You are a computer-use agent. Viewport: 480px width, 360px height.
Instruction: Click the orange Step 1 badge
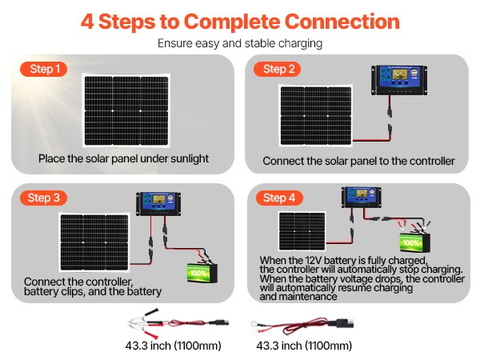(x=44, y=70)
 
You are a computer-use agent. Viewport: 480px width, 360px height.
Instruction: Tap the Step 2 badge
(x=279, y=70)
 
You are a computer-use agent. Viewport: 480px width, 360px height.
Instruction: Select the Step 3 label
(x=44, y=198)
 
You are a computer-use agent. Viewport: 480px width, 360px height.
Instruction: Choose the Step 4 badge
(x=279, y=198)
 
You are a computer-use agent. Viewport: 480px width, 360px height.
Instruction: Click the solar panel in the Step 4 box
(x=303, y=231)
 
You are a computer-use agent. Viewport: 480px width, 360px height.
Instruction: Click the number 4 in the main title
(x=88, y=22)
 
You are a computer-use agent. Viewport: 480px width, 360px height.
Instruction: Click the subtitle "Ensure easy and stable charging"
(x=239, y=43)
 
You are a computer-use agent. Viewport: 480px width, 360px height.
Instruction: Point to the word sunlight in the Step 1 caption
(x=186, y=158)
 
